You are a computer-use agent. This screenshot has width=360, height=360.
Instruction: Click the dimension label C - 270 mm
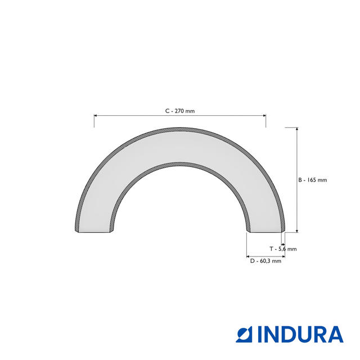click(x=180, y=111)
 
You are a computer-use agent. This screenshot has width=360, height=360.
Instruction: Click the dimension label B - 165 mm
click(x=313, y=180)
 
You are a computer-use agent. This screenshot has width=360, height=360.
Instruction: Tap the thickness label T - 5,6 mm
click(x=283, y=249)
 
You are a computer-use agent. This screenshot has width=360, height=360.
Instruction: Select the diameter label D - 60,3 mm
click(x=265, y=261)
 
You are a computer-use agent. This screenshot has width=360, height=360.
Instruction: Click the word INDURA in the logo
click(x=300, y=335)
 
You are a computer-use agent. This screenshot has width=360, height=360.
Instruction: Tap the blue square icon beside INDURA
click(x=244, y=335)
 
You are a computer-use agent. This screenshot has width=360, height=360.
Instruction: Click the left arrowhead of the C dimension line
click(x=96, y=115)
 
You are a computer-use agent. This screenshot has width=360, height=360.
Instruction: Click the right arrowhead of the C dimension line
click(x=264, y=115)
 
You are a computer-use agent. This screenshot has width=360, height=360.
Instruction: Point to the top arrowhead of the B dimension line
click(x=297, y=129)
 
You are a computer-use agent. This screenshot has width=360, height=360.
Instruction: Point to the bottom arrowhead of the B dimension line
click(x=297, y=231)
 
